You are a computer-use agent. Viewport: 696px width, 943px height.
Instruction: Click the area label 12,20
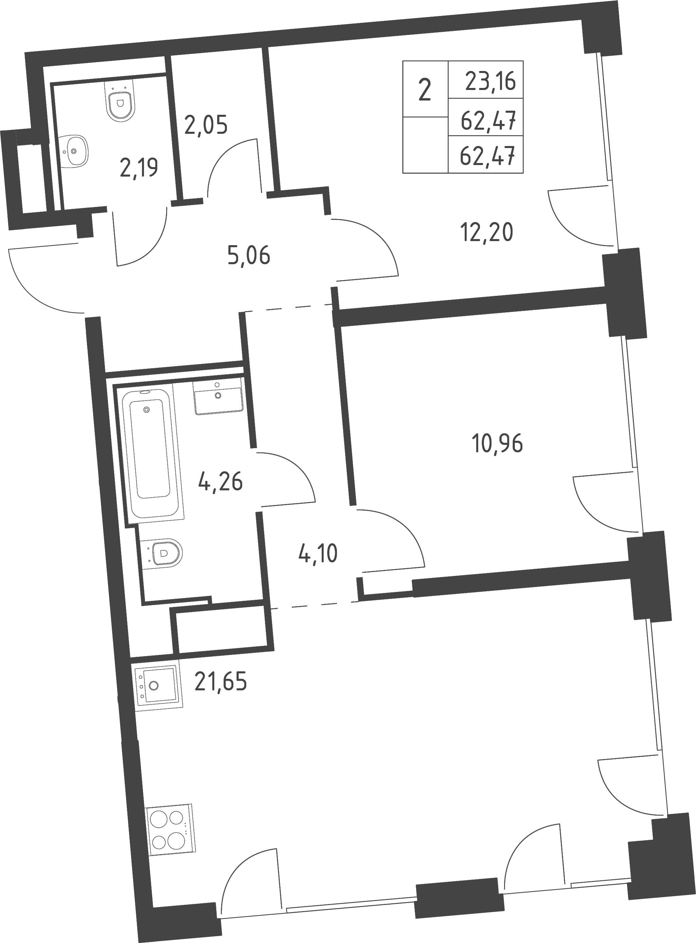point(487,232)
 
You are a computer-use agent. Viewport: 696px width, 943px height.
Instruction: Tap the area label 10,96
point(498,443)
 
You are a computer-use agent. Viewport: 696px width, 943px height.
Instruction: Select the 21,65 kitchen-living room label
point(220,682)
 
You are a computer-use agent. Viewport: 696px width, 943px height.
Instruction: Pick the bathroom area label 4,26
point(220,482)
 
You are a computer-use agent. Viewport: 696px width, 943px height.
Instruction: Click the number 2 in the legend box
point(425,91)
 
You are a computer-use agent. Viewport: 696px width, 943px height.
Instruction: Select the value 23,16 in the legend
point(490,81)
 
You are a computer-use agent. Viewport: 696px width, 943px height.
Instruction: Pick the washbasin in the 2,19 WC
point(73,151)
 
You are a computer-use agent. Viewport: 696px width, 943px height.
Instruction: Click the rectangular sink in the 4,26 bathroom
point(218,397)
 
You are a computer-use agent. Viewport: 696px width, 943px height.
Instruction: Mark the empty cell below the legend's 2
point(425,145)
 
